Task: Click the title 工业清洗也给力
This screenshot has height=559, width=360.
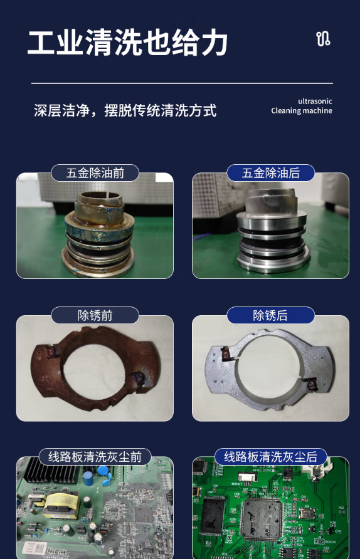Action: pos(127,43)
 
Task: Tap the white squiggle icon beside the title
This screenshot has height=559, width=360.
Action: pos(323,39)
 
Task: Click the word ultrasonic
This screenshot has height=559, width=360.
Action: pos(315,102)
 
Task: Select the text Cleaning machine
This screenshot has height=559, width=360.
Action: pos(302,111)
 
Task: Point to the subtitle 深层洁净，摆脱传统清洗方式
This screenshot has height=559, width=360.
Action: pos(125,110)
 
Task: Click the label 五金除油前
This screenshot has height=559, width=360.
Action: pos(95,173)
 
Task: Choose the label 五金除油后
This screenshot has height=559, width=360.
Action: pos(271,173)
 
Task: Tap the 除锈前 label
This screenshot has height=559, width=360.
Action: pos(95,315)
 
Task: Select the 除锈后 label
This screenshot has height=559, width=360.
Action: pos(271,315)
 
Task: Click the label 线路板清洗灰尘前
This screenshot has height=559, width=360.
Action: pos(95,457)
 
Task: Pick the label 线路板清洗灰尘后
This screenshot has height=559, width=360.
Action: pos(271,457)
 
